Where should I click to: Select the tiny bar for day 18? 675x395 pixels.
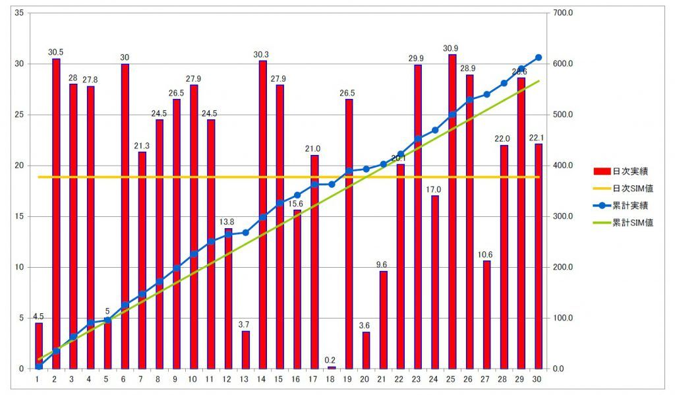[x=332, y=367]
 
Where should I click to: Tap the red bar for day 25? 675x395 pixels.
[x=452, y=211]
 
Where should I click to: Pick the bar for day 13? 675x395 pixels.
[x=246, y=349]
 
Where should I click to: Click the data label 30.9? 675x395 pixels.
[x=452, y=48]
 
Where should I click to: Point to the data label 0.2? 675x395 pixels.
[x=332, y=360]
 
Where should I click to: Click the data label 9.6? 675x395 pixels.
[x=383, y=265]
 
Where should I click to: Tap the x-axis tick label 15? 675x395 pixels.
[x=279, y=379]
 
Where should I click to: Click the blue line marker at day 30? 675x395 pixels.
[x=539, y=57]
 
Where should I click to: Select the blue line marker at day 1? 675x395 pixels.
[x=39, y=365]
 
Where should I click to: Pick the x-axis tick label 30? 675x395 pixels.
[x=538, y=379]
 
